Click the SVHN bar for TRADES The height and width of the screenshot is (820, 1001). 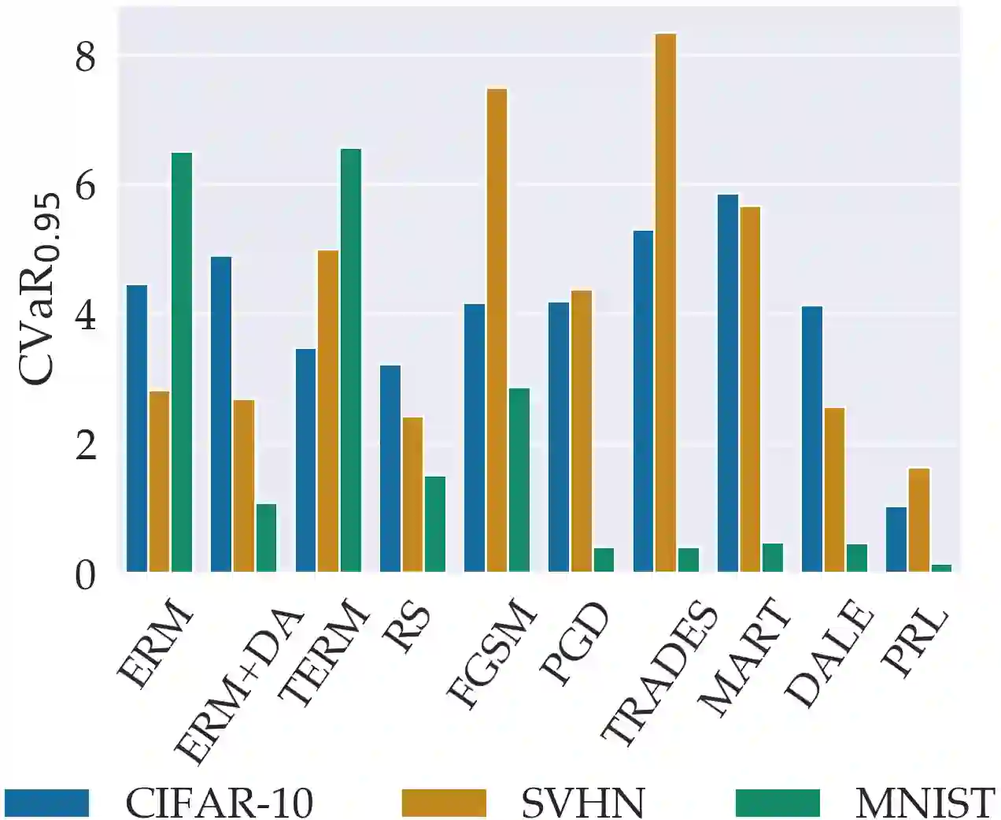[666, 302]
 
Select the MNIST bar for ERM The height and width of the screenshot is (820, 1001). [182, 362]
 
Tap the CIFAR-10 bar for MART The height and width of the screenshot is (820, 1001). [728, 383]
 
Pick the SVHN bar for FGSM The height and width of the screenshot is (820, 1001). [497, 330]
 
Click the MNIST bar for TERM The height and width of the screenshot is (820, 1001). [351, 360]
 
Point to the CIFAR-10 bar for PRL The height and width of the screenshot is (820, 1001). [896, 540]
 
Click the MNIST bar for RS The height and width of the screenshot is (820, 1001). [435, 524]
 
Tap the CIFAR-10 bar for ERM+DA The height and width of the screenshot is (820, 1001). [221, 414]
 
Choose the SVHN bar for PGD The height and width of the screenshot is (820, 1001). [582, 431]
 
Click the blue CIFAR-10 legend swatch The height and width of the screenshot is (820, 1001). [46, 803]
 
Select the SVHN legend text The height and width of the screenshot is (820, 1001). [582, 803]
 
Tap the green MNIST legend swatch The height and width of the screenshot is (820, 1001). [778, 803]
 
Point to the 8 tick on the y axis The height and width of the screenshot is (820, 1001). [85, 57]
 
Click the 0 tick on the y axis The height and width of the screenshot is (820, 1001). [85, 575]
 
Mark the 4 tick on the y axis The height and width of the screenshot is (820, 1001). [85, 316]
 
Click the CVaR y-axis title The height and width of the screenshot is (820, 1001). [39, 291]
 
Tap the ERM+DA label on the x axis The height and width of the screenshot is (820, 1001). [240, 685]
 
